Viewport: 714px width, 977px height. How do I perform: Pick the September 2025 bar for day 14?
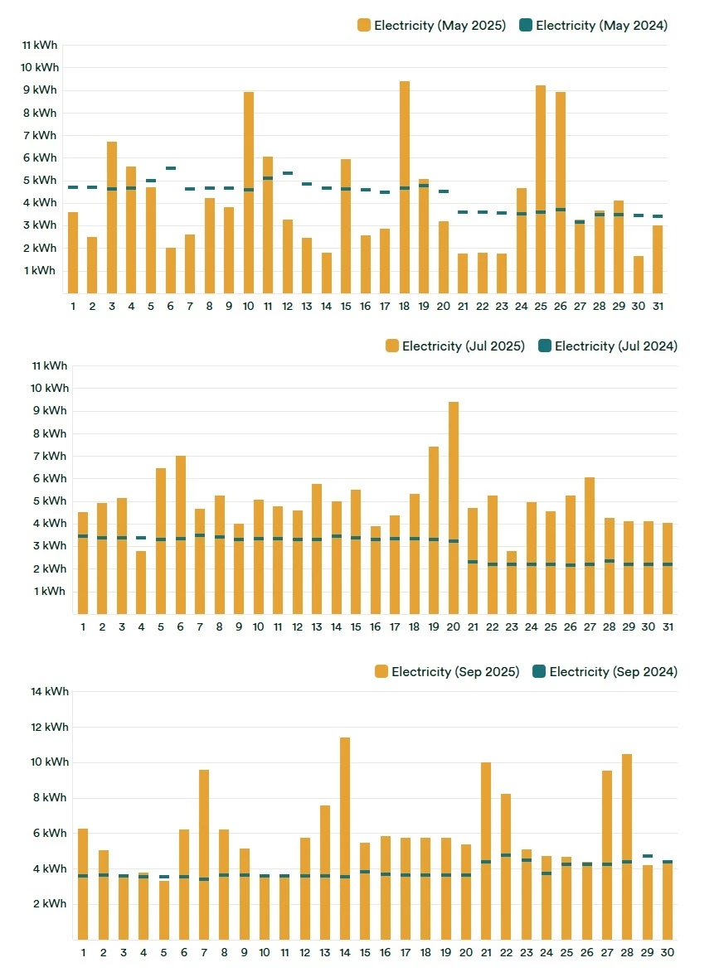345,838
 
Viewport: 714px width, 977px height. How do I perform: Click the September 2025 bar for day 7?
204,854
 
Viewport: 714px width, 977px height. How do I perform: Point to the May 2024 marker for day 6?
171,168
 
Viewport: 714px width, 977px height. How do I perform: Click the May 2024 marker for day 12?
288,173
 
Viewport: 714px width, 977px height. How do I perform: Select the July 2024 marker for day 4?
141,538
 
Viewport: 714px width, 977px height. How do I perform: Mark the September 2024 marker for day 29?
647,856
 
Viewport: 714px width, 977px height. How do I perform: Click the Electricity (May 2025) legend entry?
431,26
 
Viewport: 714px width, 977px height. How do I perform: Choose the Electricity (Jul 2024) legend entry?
607,346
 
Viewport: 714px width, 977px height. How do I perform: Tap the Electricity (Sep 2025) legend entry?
447,672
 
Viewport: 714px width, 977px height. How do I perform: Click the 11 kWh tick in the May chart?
40,46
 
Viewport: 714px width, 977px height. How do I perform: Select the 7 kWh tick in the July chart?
49,457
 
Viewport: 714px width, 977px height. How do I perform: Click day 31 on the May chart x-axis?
658,307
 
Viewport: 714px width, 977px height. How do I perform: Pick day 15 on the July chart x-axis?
356,627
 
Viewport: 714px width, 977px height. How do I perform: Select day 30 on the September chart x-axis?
668,953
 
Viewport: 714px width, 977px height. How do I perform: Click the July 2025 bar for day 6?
180,534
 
